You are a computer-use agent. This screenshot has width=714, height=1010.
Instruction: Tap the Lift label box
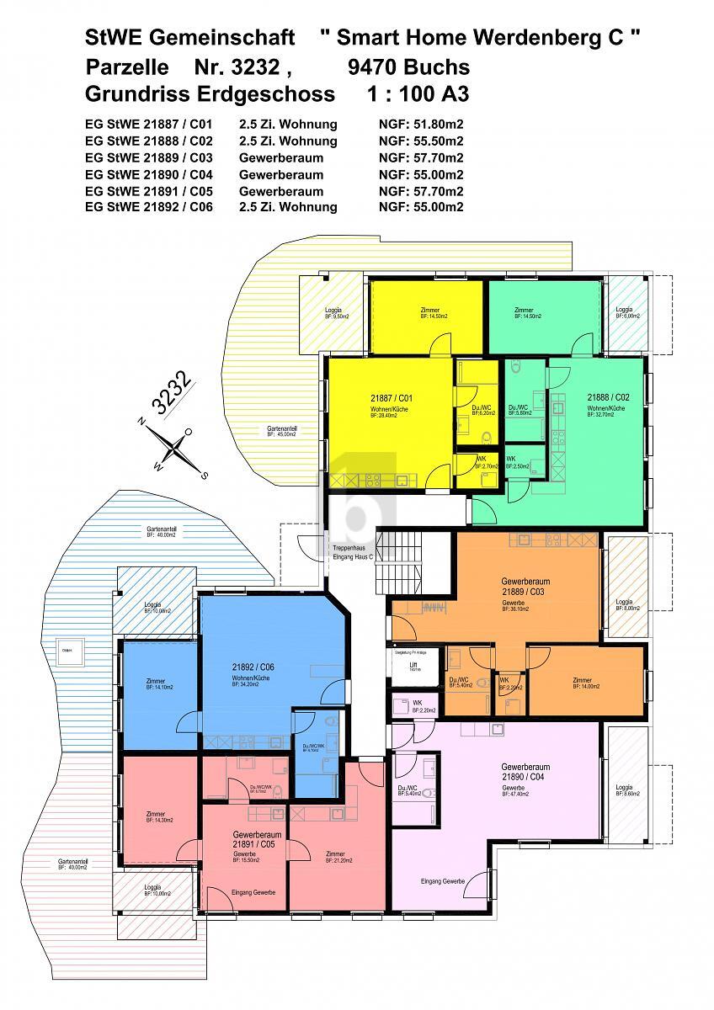(x=413, y=667)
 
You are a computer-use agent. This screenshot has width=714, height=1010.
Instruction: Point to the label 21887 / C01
(x=389, y=396)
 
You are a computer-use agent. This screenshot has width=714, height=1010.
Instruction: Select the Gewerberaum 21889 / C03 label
(x=525, y=587)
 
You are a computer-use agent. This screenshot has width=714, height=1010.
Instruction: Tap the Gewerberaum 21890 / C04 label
(x=525, y=773)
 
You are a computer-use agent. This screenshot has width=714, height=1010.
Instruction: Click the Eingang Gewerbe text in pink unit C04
(x=443, y=881)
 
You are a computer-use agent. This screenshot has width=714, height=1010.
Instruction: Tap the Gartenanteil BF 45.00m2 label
(x=282, y=431)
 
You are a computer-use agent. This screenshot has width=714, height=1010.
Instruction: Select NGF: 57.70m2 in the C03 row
(x=421, y=157)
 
